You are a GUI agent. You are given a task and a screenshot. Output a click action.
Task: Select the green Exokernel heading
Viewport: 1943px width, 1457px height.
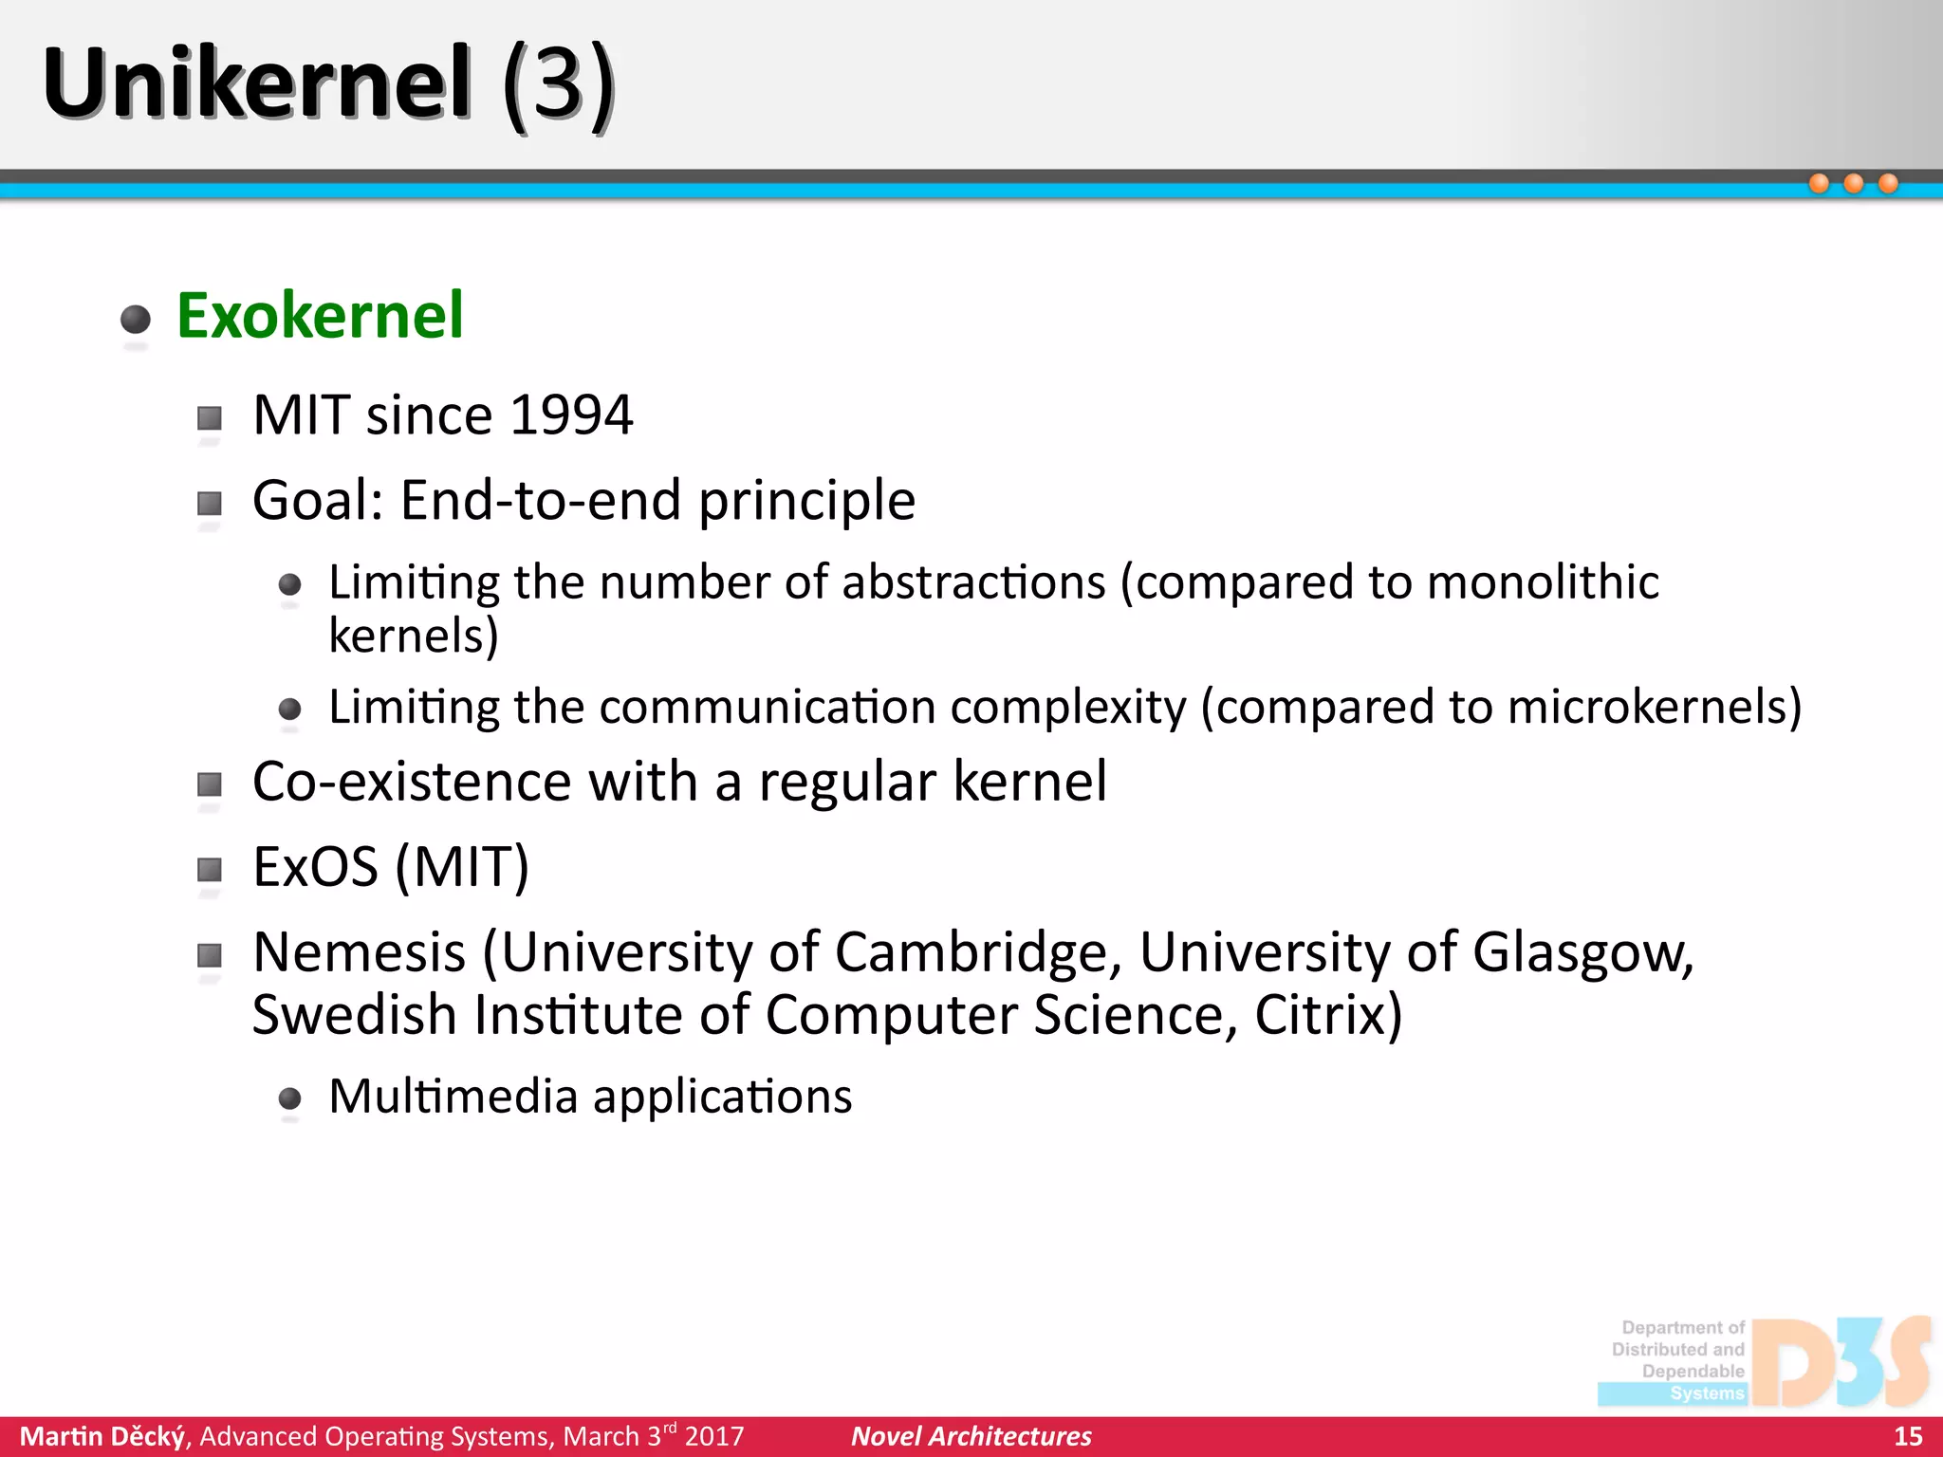[320, 315]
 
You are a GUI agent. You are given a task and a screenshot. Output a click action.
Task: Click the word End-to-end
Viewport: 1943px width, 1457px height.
[541, 500]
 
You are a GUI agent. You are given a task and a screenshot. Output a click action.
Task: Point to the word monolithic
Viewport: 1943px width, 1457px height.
[1543, 581]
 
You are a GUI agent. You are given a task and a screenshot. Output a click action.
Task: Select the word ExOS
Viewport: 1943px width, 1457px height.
[316, 866]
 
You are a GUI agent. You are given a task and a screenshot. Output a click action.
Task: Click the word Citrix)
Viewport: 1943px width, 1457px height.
[1328, 1015]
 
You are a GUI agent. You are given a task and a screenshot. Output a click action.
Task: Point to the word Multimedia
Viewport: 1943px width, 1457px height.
[453, 1097]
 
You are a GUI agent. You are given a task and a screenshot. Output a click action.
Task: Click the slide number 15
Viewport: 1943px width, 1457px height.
[1907, 1436]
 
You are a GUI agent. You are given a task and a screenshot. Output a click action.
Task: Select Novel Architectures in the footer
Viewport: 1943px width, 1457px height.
[971, 1436]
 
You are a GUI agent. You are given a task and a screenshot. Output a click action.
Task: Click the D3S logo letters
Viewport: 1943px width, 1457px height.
[1841, 1362]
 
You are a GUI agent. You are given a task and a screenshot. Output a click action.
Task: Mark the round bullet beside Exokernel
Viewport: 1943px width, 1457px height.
[136, 319]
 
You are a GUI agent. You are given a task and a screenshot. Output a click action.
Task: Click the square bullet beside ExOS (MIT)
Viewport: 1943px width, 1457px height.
[210, 869]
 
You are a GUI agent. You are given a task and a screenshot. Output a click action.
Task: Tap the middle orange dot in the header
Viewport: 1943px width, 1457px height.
[1853, 183]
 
